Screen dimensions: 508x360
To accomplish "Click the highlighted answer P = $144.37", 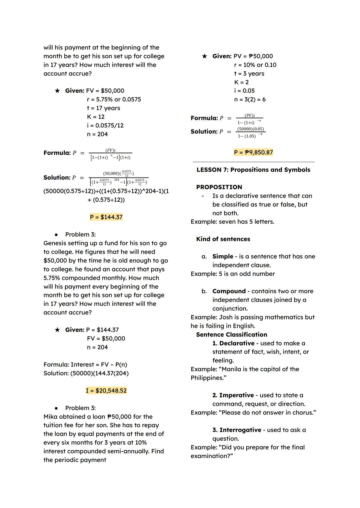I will point(106,217).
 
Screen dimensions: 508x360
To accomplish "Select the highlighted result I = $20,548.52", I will point(106,390).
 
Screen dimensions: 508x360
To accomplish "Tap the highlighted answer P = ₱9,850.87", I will point(253,152).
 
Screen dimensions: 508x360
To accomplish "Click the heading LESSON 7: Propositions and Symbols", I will point(253,170).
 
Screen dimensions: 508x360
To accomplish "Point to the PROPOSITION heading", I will point(219,187).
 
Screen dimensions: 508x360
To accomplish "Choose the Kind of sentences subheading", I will point(223,239).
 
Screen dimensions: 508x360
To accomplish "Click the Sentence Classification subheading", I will point(232,334).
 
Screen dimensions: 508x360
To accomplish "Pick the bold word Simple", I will point(223,256).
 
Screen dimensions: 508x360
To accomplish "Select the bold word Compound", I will point(229,291).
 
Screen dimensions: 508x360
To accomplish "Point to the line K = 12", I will point(96,117).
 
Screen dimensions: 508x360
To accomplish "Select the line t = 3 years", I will point(249,74).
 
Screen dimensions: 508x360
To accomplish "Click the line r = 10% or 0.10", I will point(255,65).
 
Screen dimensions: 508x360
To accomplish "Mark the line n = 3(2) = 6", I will point(250,100).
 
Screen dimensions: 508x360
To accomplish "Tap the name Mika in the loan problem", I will point(50,417).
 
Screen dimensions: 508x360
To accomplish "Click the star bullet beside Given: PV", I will point(204,56).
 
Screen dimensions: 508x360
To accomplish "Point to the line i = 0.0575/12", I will point(105,126).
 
